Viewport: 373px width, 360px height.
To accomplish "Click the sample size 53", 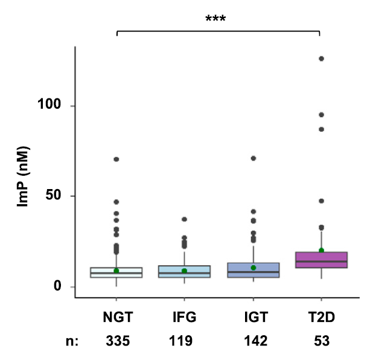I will [321, 341].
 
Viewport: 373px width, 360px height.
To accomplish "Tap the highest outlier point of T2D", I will [321, 59].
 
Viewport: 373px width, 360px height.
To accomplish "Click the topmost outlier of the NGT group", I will [116, 159].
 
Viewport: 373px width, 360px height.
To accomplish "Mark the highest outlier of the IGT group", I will [253, 158].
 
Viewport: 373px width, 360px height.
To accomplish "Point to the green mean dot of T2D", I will [321, 250].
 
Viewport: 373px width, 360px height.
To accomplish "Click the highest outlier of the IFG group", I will [185, 219].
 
